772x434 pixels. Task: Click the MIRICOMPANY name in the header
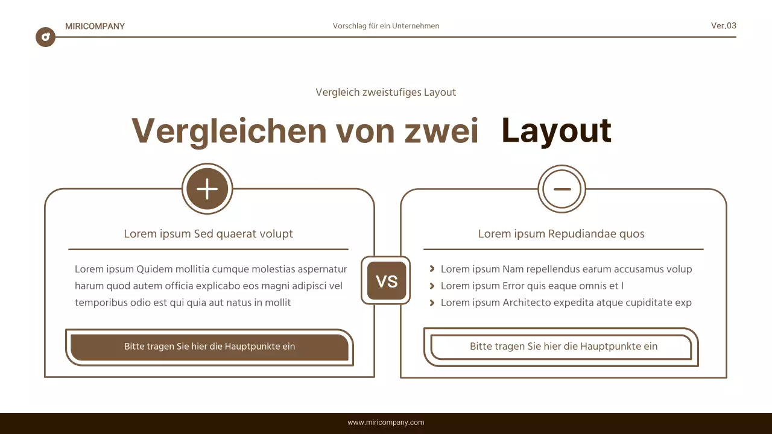pos(95,26)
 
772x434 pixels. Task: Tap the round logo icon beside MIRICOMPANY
pos(45,37)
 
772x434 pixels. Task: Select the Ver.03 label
pos(723,25)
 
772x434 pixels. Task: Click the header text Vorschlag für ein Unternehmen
pos(386,26)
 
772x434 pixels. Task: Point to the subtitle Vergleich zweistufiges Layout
pos(385,92)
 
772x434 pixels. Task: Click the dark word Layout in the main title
pos(556,131)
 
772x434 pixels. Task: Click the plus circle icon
pos(207,189)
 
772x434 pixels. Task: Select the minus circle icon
pos(562,189)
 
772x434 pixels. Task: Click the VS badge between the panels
pos(386,281)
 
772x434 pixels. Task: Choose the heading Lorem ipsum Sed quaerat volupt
pos(208,234)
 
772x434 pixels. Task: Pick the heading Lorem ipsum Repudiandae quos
pos(561,234)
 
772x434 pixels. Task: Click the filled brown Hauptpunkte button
pos(209,347)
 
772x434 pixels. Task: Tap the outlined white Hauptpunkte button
pos(563,347)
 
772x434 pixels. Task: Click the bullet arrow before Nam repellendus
pos(432,269)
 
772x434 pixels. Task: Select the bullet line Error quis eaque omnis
pos(531,286)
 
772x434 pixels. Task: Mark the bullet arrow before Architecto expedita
pos(432,303)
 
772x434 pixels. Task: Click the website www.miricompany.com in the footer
pos(386,423)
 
